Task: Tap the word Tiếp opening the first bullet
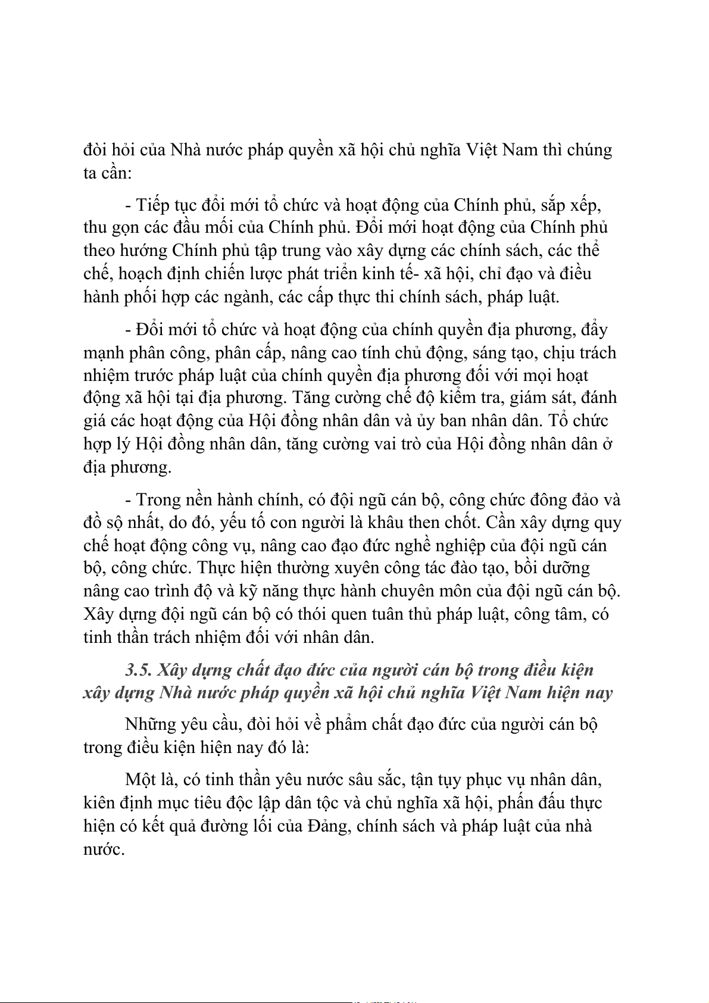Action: (152, 205)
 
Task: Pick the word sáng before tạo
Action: (489, 353)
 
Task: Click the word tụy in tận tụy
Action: (448, 780)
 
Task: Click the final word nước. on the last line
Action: (104, 849)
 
